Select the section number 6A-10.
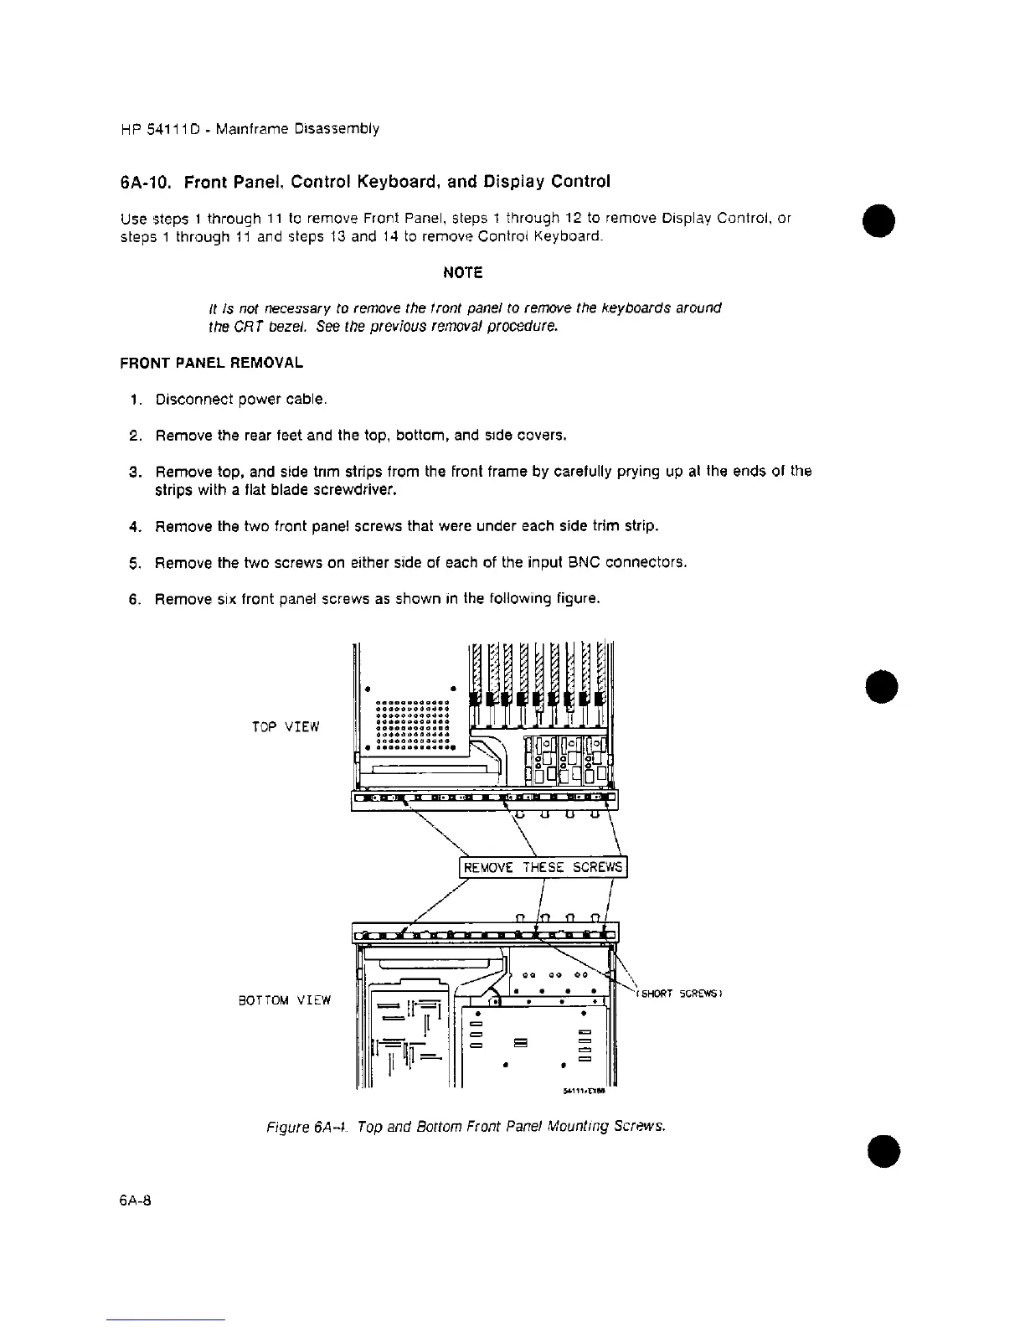coord(149,181)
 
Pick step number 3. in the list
coord(133,472)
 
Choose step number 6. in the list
coord(133,599)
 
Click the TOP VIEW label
coord(286,726)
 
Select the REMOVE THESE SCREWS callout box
coord(543,867)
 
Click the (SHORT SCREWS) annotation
coord(679,994)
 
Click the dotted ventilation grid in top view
coord(414,722)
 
